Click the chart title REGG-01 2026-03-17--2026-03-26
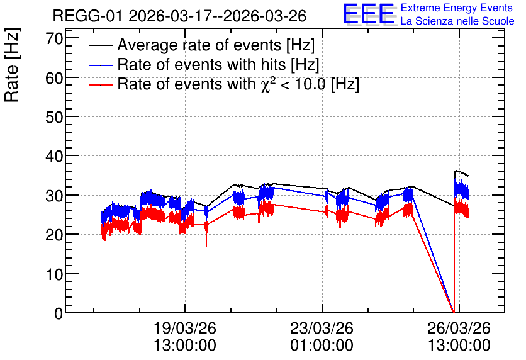click(179, 16)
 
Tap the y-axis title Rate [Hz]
click(12, 65)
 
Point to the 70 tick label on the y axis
click(54, 38)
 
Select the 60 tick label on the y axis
click(54, 78)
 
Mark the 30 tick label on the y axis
click(54, 196)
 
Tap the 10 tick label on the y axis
click(54, 274)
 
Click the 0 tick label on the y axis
click(59, 313)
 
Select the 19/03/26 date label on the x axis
click(185, 328)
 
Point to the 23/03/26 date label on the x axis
click(322, 328)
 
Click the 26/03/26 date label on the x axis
click(459, 328)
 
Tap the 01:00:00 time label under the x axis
click(322, 346)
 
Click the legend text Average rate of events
click(199, 45)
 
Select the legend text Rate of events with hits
click(201, 64)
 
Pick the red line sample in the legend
click(100, 85)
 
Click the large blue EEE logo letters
click(369, 14)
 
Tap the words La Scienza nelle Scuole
click(457, 21)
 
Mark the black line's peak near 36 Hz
click(457, 171)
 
